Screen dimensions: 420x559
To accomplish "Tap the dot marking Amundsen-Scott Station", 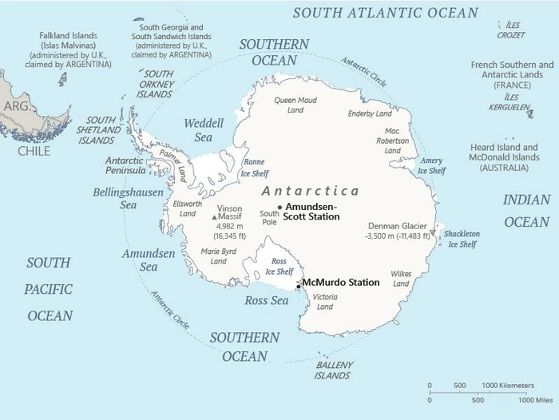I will click(x=279, y=207).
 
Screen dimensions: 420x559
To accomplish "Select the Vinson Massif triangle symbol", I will click(x=214, y=216).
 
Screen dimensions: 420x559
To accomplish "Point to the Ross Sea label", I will click(x=265, y=300).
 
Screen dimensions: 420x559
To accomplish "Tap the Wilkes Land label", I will click(x=401, y=279).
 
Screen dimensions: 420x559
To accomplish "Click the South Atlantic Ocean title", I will click(x=386, y=13).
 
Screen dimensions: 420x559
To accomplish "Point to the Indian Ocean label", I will click(x=526, y=211).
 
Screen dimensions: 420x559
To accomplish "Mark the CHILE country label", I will click(x=34, y=151).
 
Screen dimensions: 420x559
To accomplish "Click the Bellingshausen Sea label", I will click(x=128, y=198).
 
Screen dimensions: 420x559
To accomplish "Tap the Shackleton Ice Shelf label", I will click(x=462, y=239).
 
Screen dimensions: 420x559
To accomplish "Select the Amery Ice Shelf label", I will click(x=431, y=165).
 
